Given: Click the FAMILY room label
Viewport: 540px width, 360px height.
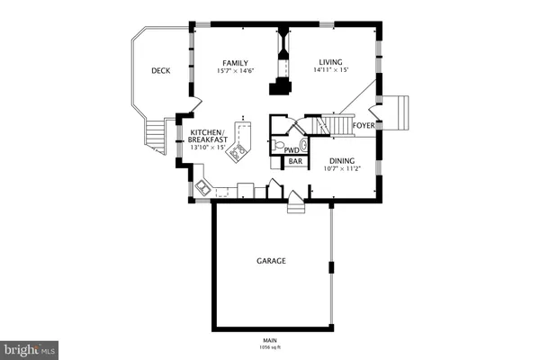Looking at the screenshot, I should [x=235, y=63].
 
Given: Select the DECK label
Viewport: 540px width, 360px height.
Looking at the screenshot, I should [x=161, y=70].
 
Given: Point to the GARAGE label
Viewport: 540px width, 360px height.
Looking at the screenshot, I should [x=271, y=260].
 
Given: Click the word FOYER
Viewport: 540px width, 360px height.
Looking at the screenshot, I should [x=364, y=125].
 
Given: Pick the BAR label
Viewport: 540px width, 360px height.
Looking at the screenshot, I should [x=295, y=162].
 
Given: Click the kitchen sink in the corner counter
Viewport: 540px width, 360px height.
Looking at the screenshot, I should [x=203, y=189].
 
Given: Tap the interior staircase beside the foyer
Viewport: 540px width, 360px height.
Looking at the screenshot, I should [x=337, y=124].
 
